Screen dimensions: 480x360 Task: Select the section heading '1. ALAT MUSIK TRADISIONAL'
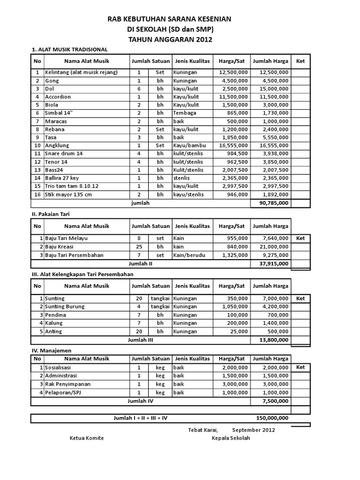[69, 49]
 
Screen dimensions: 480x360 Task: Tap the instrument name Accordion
[58, 97]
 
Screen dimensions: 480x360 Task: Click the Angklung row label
[58, 146]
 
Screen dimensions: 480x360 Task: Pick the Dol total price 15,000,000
[272, 89]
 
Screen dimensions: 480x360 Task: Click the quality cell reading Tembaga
[185, 113]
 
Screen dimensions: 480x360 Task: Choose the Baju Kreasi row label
[60, 247]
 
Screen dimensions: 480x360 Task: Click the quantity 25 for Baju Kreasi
[139, 247]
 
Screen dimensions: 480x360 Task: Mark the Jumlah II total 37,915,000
[272, 263]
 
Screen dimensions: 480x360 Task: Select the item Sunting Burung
[66, 307]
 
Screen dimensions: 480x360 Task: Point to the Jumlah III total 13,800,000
[272, 340]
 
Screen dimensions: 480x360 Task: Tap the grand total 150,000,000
[272, 418]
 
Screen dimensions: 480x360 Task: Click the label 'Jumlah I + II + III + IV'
[140, 418]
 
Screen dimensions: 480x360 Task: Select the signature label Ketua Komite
[86, 438]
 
